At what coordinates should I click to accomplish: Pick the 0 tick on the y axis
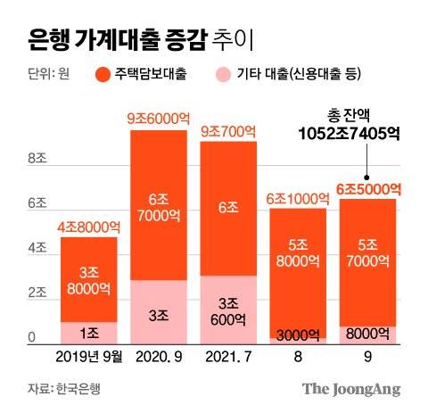32,337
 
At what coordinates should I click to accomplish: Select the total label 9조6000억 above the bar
158,118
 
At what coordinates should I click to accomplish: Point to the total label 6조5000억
367,188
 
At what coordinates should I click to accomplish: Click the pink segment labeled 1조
87,333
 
